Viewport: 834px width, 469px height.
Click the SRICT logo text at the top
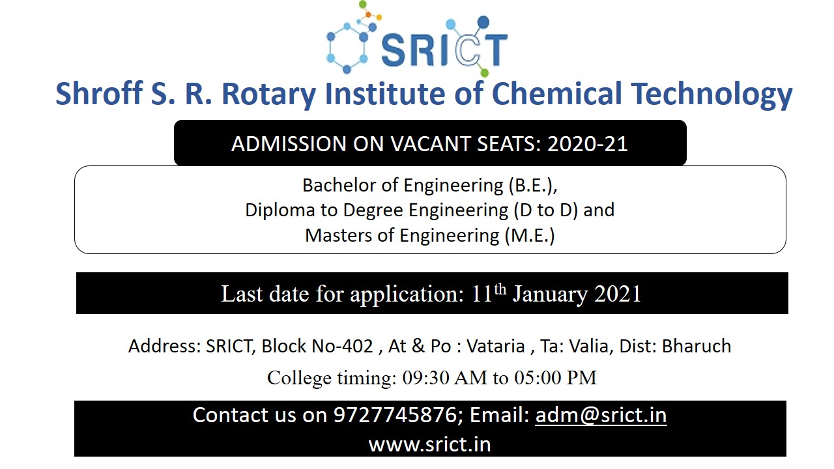[x=444, y=50]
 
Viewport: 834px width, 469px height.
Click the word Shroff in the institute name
[x=99, y=93]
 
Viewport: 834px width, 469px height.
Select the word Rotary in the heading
[x=268, y=94]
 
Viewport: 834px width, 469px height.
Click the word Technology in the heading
[x=712, y=94]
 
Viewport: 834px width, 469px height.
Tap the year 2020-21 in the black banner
[x=588, y=144]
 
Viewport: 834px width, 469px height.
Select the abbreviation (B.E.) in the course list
[x=533, y=186]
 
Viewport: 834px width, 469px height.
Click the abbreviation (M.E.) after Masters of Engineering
[x=530, y=236]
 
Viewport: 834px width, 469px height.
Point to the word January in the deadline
[x=550, y=294]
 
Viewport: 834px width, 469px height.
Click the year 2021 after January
[x=617, y=294]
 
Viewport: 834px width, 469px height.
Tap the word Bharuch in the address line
[x=697, y=346]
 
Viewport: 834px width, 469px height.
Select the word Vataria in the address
[x=496, y=346]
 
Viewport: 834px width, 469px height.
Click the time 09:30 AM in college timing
[x=444, y=378]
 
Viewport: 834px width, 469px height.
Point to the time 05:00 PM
[x=556, y=378]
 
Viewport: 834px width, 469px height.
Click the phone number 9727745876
[x=395, y=415]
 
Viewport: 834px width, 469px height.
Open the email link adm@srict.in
[x=601, y=415]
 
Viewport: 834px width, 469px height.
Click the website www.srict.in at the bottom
[x=429, y=444]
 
